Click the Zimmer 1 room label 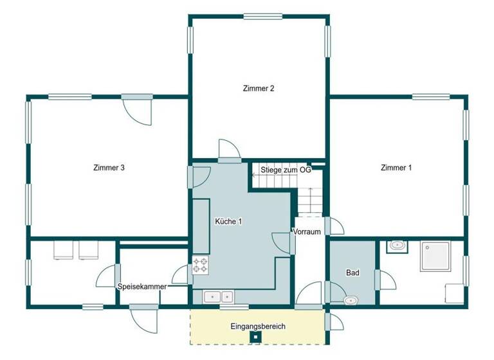tap(396, 168)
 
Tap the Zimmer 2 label tap(259, 88)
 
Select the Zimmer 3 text tap(108, 168)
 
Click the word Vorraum tap(307, 232)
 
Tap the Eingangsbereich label tap(257, 327)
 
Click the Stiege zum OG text tap(286, 170)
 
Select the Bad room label tap(352, 273)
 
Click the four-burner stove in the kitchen tap(200, 264)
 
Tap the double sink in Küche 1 tap(219, 296)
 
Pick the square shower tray tap(437, 258)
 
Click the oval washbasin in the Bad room tap(351, 300)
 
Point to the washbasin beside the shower tap(397, 245)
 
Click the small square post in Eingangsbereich tap(255, 336)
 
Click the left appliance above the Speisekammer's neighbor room tap(64, 249)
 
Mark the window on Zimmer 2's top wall tap(259, 17)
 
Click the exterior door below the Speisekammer tap(143, 315)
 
